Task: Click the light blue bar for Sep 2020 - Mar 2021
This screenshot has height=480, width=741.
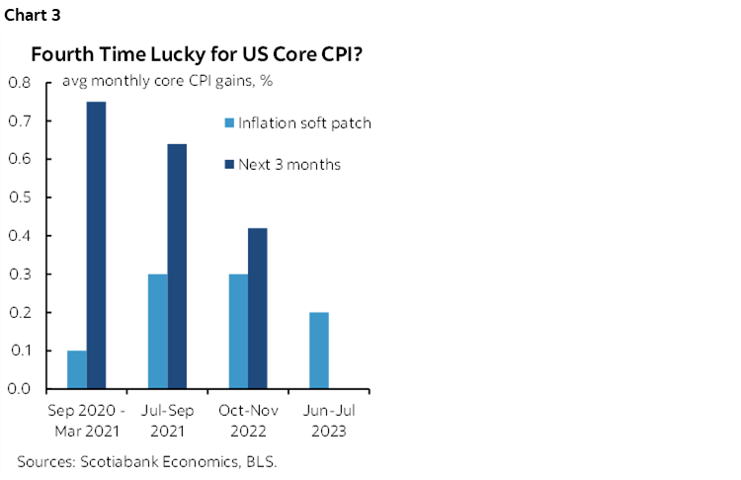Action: pos(76,369)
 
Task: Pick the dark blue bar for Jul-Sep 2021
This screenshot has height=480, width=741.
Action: pos(177,266)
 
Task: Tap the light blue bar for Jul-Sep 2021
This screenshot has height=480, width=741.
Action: pos(157,331)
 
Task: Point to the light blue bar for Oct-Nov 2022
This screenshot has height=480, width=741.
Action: pos(237,331)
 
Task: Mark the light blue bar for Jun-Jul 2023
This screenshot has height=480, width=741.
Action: pos(318,350)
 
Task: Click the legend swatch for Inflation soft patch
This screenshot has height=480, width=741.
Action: pos(229,123)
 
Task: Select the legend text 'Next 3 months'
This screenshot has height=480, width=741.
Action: pos(288,164)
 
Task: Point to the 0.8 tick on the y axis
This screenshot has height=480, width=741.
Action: pos(20,82)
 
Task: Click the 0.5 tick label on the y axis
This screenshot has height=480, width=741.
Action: pos(20,198)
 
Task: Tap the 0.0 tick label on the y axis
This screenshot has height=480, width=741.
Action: pos(20,389)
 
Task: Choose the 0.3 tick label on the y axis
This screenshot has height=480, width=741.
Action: pos(20,274)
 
